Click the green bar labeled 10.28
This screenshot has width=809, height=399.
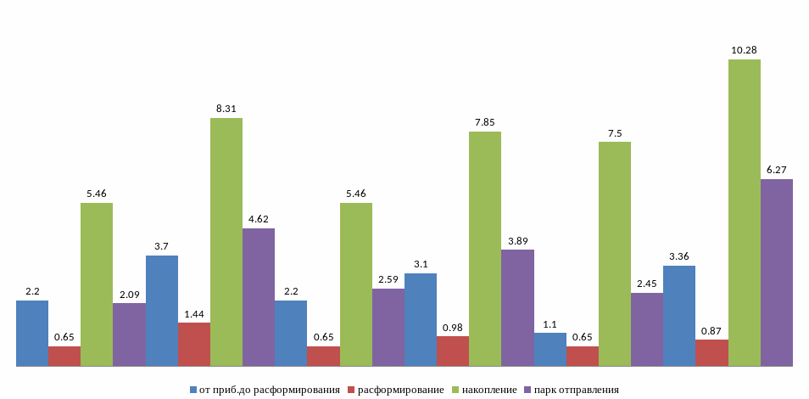pos(744,212)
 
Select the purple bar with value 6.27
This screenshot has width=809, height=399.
pos(776,273)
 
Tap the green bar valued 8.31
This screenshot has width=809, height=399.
pos(226,242)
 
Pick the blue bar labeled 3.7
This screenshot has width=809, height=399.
pos(162,311)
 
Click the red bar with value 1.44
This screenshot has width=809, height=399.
pos(194,345)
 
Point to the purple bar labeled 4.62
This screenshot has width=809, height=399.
pos(259,297)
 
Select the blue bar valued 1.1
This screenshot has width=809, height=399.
pos(550,350)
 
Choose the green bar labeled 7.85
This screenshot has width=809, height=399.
pos(485,249)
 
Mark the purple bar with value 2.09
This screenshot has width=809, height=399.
pos(129,334)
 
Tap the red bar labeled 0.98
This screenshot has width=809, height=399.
pos(453,351)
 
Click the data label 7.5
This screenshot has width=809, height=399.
pos(615,133)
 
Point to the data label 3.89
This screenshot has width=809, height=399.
pos(517,241)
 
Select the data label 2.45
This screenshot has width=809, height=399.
pos(647,284)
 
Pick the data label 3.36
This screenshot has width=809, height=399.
pos(679,257)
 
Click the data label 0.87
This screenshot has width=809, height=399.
pos(711,330)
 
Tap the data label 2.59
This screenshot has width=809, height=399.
pos(388,280)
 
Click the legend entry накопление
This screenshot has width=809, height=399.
pos(488,390)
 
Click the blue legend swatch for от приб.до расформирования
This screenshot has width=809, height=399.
pos(194,390)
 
